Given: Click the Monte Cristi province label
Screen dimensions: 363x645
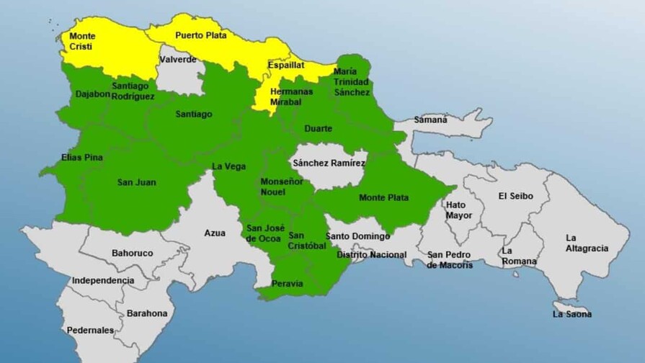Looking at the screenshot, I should pyautogui.click(x=82, y=41).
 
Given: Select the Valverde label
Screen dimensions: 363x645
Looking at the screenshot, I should pyautogui.click(x=177, y=59).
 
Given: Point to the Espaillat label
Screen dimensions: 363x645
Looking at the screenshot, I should pyautogui.click(x=286, y=65).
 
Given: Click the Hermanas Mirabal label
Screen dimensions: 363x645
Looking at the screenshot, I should pyautogui.click(x=291, y=97).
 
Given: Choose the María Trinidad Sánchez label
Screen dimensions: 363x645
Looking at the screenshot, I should pyautogui.click(x=352, y=81).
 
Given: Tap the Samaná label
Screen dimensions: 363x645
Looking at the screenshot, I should pyautogui.click(x=430, y=120).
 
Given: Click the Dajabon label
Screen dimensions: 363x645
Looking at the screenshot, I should pyautogui.click(x=92, y=94).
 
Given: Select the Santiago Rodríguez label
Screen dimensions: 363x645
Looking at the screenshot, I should pyautogui.click(x=133, y=91).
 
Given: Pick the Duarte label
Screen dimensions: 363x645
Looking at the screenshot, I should pyautogui.click(x=318, y=128).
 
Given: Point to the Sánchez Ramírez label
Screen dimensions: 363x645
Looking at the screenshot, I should pyautogui.click(x=329, y=163).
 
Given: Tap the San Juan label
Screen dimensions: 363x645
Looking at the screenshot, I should pyautogui.click(x=136, y=182).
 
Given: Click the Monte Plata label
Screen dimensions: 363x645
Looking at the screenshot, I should pyautogui.click(x=383, y=197).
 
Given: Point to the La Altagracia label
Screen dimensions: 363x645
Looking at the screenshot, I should pyautogui.click(x=587, y=243).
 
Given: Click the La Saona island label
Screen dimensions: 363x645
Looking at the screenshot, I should pyautogui.click(x=572, y=313).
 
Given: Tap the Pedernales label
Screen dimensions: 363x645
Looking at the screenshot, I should pyautogui.click(x=90, y=330).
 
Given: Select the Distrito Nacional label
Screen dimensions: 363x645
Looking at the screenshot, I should pyautogui.click(x=371, y=254).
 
